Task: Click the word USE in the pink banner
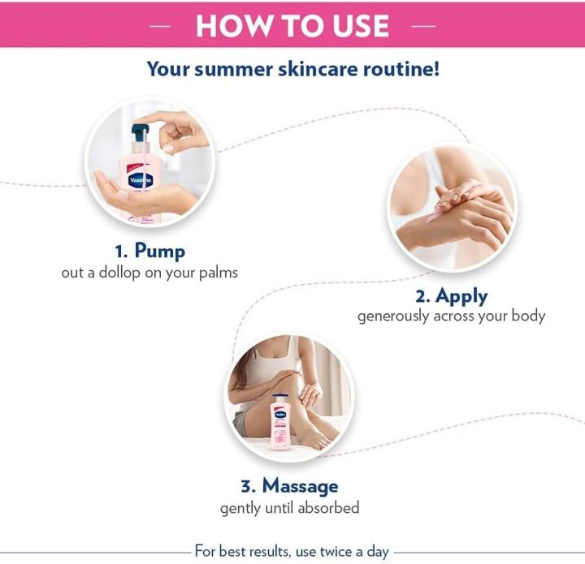pyautogui.click(x=361, y=26)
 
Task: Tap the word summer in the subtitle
pyautogui.click(x=234, y=69)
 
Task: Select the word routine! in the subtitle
pyautogui.click(x=401, y=69)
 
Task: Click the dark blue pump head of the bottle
pyautogui.click(x=140, y=132)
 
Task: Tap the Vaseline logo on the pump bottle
pyautogui.click(x=141, y=181)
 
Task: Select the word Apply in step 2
pyautogui.click(x=461, y=296)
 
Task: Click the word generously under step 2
pyautogui.click(x=393, y=316)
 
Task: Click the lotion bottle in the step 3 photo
pyautogui.click(x=279, y=422)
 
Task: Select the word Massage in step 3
pyautogui.click(x=301, y=486)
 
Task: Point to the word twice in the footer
pyautogui.click(x=334, y=551)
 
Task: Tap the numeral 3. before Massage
pyautogui.click(x=248, y=487)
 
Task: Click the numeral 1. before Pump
pyautogui.click(x=121, y=252)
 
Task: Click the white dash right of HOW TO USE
pyautogui.click(x=423, y=26)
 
